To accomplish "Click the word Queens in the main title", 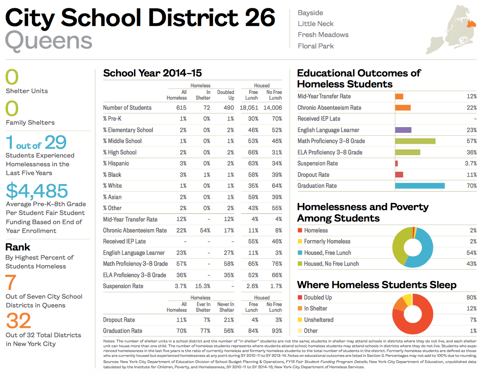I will [49, 41].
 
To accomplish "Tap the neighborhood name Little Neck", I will [315, 24].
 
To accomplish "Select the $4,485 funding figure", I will [37, 191].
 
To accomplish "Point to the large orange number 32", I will [18, 321].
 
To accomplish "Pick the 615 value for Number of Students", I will [181, 107].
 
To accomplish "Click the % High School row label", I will [120, 152].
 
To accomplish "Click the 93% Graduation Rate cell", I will [276, 331].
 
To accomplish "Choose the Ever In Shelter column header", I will [203, 307].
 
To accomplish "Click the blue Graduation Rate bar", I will [419, 186].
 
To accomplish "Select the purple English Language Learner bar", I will [403, 130].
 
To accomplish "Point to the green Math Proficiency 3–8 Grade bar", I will [415, 141].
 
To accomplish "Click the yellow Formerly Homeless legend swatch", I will [300, 242].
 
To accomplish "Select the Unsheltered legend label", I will [319, 320].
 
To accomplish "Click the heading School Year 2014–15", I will [152, 73].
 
